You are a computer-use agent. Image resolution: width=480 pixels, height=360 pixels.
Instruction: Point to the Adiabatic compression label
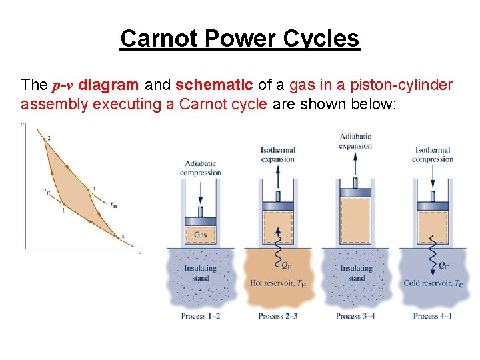click(x=200, y=168)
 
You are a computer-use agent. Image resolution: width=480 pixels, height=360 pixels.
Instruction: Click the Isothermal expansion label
click(x=277, y=155)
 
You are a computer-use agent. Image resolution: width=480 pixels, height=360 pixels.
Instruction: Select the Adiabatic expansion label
click(x=355, y=141)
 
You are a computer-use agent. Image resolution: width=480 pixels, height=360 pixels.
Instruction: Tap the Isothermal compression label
click(x=433, y=155)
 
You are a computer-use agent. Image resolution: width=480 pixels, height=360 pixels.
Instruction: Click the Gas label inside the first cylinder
click(x=200, y=235)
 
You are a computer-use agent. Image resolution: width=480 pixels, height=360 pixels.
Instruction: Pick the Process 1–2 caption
click(x=200, y=316)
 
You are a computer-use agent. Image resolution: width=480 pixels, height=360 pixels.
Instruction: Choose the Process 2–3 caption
click(x=277, y=316)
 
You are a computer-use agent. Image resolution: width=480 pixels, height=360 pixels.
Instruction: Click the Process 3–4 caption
click(x=355, y=316)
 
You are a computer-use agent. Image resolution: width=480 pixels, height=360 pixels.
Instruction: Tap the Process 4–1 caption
click(x=433, y=316)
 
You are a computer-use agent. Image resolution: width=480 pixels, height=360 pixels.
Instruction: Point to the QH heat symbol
click(x=287, y=265)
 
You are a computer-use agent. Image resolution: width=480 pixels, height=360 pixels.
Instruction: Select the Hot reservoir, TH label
click(x=277, y=283)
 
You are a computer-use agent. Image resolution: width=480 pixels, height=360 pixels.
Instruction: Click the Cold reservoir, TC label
click(x=433, y=283)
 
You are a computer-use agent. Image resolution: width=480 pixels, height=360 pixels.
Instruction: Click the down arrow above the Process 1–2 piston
click(x=200, y=193)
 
